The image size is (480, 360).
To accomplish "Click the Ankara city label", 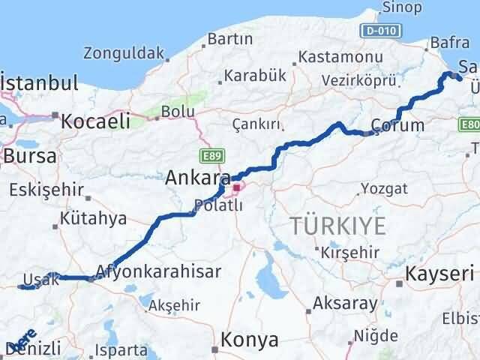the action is (197, 178).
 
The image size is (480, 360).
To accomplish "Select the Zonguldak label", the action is (124, 53).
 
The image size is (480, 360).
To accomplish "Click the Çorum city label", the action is (397, 125).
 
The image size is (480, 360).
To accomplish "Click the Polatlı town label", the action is (218, 205).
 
